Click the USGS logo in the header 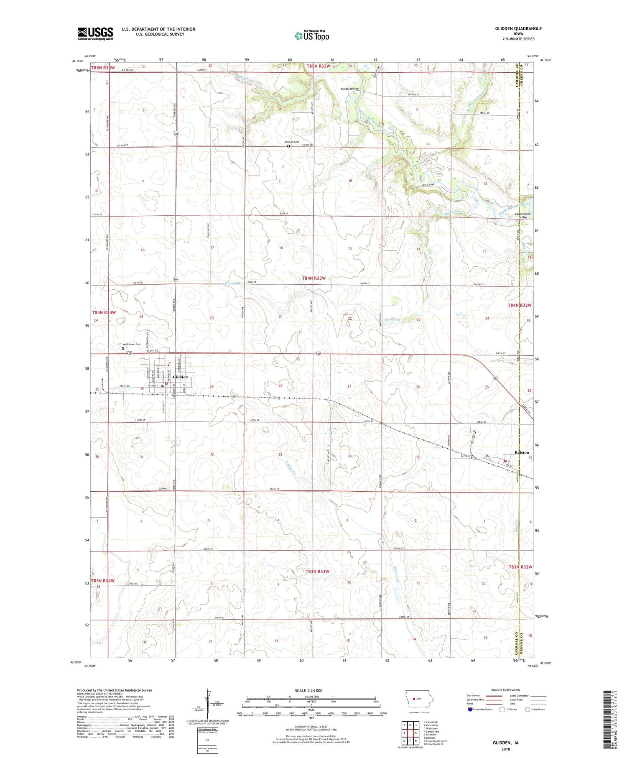(95, 33)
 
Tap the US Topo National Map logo (312, 36)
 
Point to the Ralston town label (522, 452)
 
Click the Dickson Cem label (292, 142)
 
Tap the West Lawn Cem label (131, 344)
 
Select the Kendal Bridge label (349, 89)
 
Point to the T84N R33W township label (313, 278)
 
